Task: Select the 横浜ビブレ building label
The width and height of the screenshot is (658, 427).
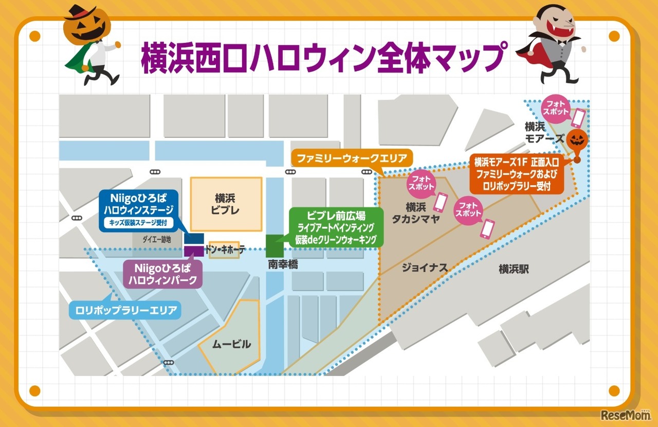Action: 226,204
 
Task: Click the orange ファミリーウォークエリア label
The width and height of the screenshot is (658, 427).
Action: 351,157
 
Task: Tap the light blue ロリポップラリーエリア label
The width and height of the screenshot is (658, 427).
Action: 125,310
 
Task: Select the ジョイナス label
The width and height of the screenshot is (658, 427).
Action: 425,268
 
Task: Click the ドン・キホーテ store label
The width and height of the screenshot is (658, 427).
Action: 225,250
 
